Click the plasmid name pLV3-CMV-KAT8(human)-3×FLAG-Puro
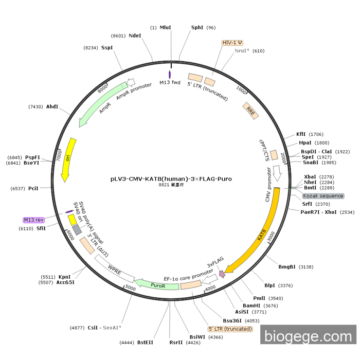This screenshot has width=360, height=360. coord(171,179)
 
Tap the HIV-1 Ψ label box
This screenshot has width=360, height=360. coord(232,43)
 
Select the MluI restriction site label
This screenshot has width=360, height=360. coord(165,27)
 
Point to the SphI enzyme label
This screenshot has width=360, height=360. coord(197,27)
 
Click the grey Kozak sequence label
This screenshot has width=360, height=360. coord(323,196)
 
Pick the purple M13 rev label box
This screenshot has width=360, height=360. coord(34,220)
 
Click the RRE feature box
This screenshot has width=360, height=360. coord(250,111)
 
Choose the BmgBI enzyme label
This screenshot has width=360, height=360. coord(287,266)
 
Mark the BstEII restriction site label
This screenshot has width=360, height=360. coord(145,342)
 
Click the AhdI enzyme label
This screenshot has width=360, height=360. coord(52,106)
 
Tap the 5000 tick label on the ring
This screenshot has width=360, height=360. coord(130,289)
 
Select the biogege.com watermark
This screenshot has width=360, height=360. coord(308,336)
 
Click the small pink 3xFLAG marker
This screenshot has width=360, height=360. coord(222,275)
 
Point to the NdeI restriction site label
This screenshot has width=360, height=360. coord(135,35)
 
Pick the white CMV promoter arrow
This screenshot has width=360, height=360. coord(278,175)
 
